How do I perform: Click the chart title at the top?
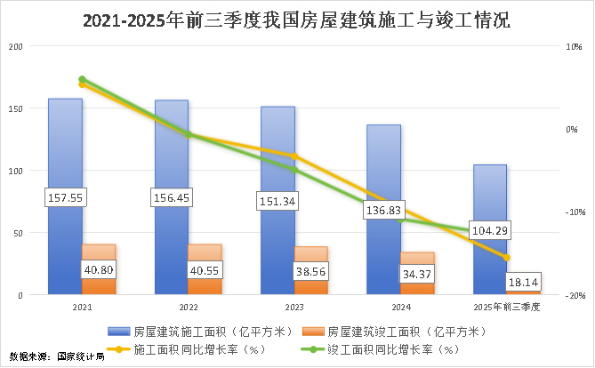pos(296,20)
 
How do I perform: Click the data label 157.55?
pos(64,197)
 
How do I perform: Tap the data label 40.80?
pos(98,269)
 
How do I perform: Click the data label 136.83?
pos(383,211)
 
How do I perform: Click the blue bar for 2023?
pos(277,160)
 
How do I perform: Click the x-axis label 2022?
pos(188,306)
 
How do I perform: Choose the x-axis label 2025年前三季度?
pos(507,306)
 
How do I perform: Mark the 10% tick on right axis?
pos(575,46)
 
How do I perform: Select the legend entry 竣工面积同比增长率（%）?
pos(392,348)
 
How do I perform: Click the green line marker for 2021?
pos(82,80)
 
